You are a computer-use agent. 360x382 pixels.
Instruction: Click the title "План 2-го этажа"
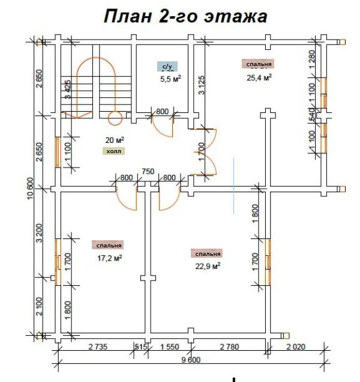click(185, 16)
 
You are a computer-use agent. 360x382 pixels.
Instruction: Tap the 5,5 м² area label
click(170, 79)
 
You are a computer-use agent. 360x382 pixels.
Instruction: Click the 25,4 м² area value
click(259, 77)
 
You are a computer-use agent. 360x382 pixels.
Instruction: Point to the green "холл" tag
click(113, 151)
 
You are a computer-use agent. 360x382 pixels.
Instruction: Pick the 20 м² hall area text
click(115, 141)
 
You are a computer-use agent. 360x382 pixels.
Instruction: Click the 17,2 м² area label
click(110, 258)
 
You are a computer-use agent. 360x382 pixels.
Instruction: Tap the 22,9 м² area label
click(207, 265)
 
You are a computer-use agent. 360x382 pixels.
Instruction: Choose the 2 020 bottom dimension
click(298, 347)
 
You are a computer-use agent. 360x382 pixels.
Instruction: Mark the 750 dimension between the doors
click(148, 171)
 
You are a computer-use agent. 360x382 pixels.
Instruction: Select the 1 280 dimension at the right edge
click(311, 61)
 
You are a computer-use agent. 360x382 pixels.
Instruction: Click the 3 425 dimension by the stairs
click(68, 89)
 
